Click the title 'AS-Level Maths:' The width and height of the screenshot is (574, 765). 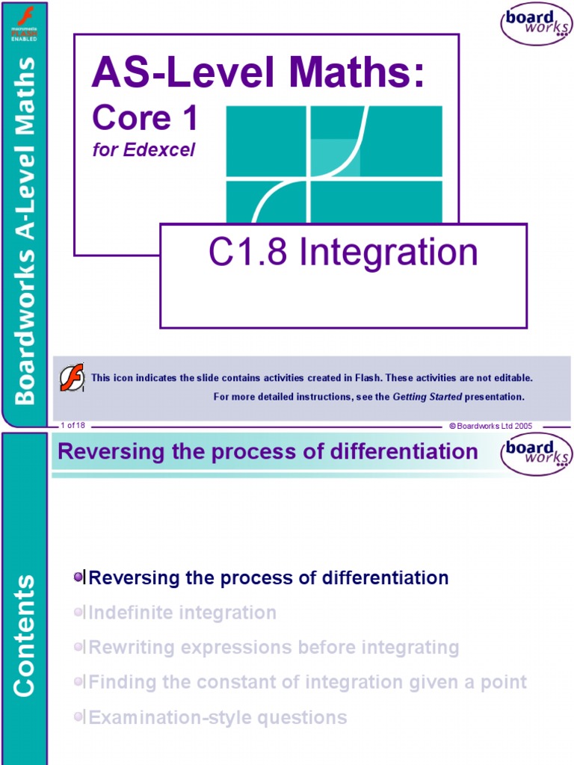(x=258, y=75)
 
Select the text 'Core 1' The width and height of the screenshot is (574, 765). (x=144, y=119)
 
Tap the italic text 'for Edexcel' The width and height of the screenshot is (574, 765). (x=143, y=149)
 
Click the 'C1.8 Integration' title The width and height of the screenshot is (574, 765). (x=343, y=253)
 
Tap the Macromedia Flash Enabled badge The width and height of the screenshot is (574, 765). (x=23, y=23)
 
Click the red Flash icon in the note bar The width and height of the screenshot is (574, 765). (x=72, y=377)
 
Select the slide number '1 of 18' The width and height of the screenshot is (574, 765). (x=73, y=425)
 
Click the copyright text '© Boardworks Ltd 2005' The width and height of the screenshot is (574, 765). (x=490, y=425)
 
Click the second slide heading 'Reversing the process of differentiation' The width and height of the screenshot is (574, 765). (x=268, y=452)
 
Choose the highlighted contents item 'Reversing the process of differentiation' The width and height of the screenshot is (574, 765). (x=268, y=578)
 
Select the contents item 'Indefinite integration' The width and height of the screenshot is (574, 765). (x=182, y=613)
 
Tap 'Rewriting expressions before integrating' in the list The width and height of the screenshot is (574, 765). (x=274, y=648)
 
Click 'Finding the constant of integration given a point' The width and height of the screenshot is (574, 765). (x=307, y=682)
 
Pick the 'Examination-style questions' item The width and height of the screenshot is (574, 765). (x=217, y=718)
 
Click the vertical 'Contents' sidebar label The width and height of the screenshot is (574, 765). (x=24, y=635)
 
